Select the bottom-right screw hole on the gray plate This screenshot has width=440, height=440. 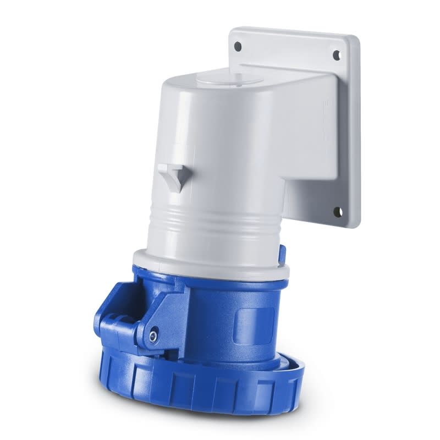pyautogui.click(x=337, y=211)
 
